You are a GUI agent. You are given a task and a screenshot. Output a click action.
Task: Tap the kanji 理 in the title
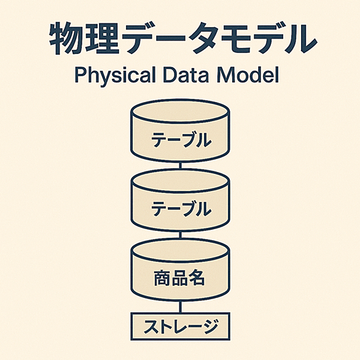click(x=102, y=38)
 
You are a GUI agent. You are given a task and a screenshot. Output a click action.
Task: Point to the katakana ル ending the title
click(x=302, y=38)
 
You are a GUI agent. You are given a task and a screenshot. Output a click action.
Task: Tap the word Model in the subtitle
click(x=248, y=75)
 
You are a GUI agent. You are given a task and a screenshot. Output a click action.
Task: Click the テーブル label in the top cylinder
click(x=181, y=140)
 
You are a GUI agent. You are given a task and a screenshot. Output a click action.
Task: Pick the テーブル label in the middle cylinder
click(x=181, y=209)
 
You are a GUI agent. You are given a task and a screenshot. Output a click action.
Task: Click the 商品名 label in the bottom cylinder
click(x=179, y=278)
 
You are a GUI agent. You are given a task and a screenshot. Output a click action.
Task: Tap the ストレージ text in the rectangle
click(x=181, y=327)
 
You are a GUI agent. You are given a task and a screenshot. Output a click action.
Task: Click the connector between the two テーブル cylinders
click(x=181, y=165)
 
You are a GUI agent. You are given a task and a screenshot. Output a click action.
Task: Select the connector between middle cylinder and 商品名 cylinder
click(x=181, y=235)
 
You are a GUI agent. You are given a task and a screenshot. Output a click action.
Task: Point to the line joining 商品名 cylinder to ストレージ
click(x=181, y=307)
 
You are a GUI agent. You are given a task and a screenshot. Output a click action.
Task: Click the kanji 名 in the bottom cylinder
click(x=196, y=278)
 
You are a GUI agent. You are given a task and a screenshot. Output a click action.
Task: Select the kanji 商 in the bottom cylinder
click(x=162, y=278)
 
